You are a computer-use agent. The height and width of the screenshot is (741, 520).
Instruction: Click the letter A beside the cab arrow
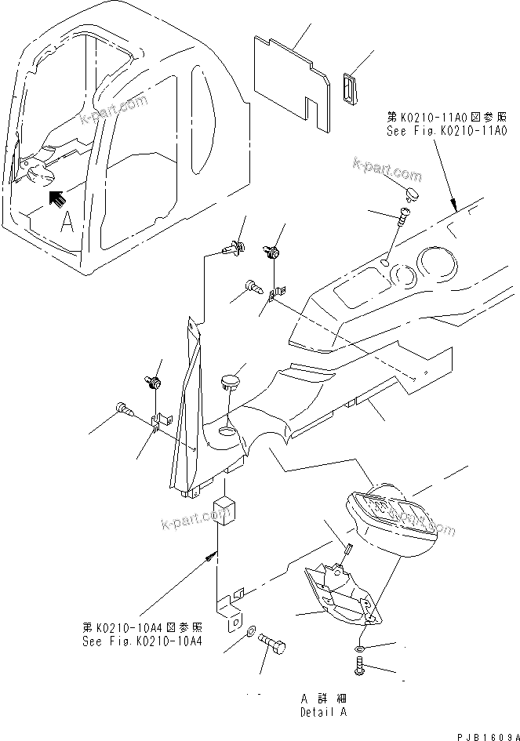pos(67,223)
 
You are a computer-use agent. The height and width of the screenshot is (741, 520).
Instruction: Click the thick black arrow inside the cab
pos(56,199)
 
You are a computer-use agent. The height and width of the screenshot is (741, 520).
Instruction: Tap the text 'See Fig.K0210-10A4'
pos(142,641)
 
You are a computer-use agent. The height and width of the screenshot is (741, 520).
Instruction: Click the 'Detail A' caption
pos(322,713)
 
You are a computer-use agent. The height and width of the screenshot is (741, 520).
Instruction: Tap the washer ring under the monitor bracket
pos(358,648)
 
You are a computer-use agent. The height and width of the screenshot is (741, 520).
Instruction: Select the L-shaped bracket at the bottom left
pos(230,612)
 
